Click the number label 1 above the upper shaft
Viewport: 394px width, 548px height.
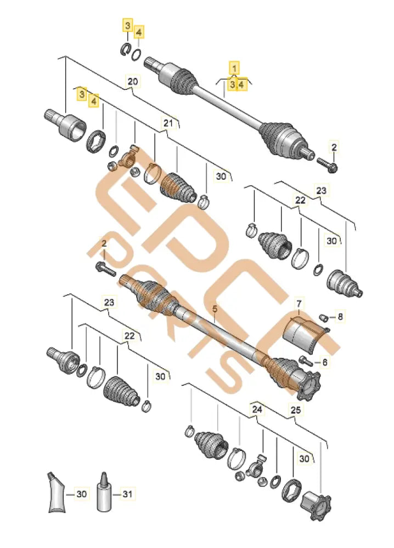[234, 67]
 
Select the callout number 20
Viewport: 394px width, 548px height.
[132, 82]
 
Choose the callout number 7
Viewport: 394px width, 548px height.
[299, 303]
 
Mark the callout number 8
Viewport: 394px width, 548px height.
[340, 316]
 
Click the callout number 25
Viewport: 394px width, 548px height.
[296, 409]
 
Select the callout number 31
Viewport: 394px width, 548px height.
[127, 494]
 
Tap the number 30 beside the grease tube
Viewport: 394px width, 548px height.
[81, 494]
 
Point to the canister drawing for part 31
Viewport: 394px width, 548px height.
[103, 493]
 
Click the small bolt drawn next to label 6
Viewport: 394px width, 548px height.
[306, 361]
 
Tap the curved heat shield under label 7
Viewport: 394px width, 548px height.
[302, 332]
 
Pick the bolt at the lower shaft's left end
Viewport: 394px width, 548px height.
[104, 268]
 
